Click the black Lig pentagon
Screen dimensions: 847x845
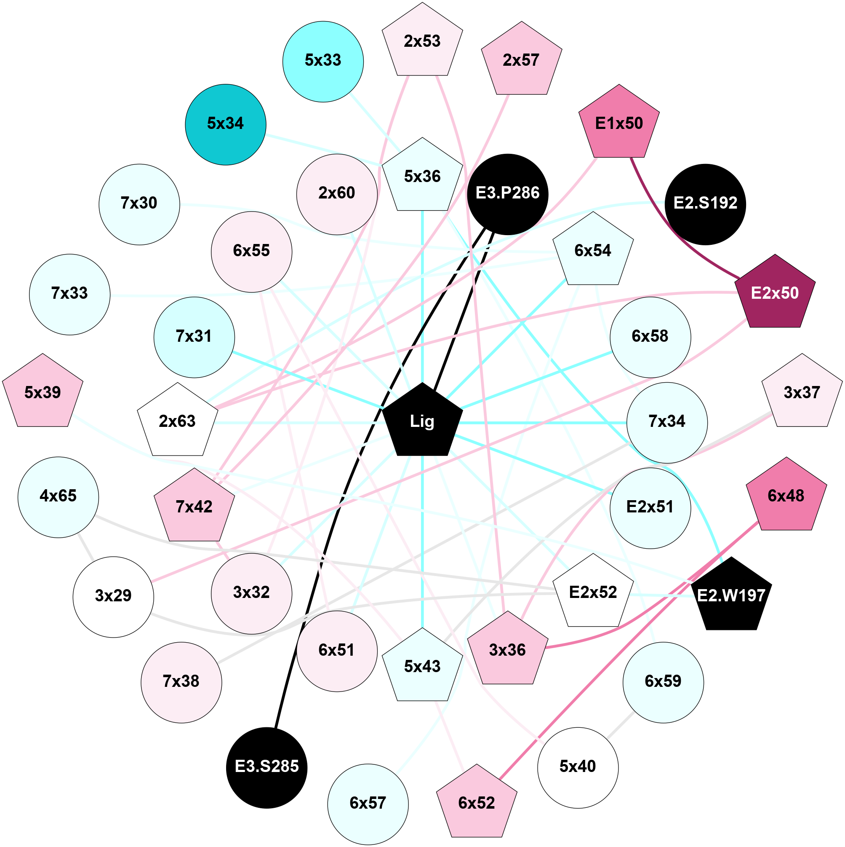(422, 421)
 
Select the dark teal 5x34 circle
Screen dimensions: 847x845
(226, 124)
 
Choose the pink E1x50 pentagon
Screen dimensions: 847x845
(619, 123)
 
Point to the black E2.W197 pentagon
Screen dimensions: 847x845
(731, 596)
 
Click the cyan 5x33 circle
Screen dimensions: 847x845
(323, 62)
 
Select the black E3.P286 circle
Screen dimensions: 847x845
(508, 194)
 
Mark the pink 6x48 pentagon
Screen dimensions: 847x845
(786, 496)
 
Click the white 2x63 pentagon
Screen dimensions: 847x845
(177, 421)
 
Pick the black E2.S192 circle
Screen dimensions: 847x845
(705, 204)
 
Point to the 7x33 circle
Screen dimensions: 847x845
(69, 294)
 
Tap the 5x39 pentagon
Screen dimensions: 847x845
(43, 393)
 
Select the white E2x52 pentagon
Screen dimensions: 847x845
(593, 593)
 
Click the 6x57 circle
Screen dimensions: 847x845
(368, 804)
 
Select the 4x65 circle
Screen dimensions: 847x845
(58, 497)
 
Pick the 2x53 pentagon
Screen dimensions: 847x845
(422, 42)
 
